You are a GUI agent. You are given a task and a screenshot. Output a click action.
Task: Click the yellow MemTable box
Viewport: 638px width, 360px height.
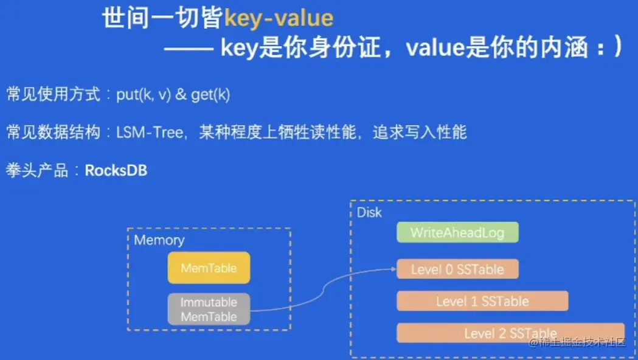pos(209,268)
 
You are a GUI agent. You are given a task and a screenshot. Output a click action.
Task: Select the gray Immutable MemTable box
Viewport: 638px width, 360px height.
pos(209,309)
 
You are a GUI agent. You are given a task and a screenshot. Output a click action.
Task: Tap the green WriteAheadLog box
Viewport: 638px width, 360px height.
pos(457,232)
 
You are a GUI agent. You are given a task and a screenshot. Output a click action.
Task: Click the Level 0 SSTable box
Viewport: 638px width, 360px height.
pos(457,269)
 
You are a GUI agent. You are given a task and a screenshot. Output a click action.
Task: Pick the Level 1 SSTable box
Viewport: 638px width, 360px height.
pos(482,301)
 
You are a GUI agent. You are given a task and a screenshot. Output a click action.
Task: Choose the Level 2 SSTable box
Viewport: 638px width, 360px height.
pos(510,333)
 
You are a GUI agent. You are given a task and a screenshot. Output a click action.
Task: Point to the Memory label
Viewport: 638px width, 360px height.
pos(159,240)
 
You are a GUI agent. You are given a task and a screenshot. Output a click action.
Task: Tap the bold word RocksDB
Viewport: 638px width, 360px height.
pos(116,170)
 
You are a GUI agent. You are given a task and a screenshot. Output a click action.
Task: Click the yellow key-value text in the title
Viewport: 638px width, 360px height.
pos(279,18)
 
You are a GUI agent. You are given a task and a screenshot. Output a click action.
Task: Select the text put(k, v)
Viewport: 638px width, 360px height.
pos(143,95)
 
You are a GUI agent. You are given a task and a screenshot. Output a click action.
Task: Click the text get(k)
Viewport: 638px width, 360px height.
pos(210,95)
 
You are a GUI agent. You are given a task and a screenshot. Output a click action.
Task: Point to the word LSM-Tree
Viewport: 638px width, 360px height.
pos(150,133)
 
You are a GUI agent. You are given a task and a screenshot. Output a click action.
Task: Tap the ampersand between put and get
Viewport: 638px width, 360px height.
pos(181,95)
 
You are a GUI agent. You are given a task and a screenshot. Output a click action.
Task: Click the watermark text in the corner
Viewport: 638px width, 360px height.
pos(577,342)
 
